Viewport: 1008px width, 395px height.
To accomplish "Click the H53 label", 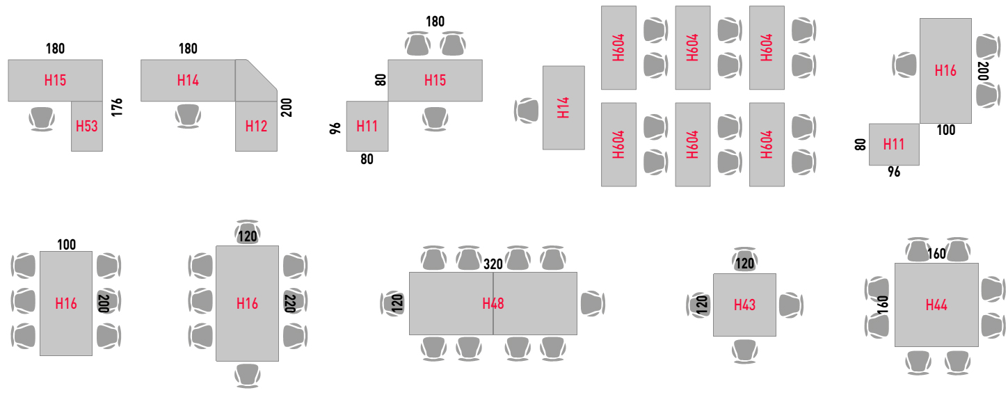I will coord(87,126).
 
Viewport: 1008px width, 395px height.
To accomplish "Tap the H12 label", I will coord(256,126).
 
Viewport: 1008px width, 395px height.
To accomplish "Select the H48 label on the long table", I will coord(493,303).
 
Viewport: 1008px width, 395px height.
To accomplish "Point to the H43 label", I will coord(744,305).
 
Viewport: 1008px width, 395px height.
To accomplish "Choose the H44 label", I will coord(936,305).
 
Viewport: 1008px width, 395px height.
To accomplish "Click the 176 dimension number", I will coord(116,107).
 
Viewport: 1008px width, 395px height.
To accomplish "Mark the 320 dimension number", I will coord(493,264).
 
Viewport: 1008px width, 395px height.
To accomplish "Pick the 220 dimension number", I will coord(290,303).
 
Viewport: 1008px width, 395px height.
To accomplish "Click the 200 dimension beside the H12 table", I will coord(287,107).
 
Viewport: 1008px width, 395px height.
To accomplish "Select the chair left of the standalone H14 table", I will coord(527,110).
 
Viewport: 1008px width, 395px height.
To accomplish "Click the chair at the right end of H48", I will coord(591,303).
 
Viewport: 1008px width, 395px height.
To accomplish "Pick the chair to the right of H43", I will coord(790,305).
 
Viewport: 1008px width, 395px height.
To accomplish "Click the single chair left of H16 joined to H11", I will coord(905,65).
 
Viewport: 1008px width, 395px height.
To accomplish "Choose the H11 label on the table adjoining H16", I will coord(894,144).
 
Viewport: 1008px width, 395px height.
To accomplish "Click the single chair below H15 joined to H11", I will coord(435,118).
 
